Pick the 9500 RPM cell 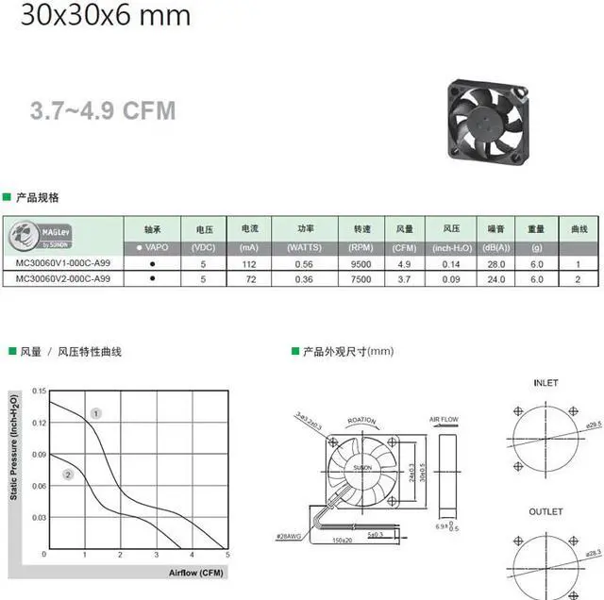pos(361,265)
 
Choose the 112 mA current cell pos(249,265)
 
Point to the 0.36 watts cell pos(306,280)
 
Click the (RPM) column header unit pos(361,247)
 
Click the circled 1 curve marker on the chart pos(96,413)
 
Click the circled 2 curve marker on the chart pos(68,474)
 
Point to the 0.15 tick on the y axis pos(39,391)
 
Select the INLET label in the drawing pos(545,383)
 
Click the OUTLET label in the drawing pos(546,512)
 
